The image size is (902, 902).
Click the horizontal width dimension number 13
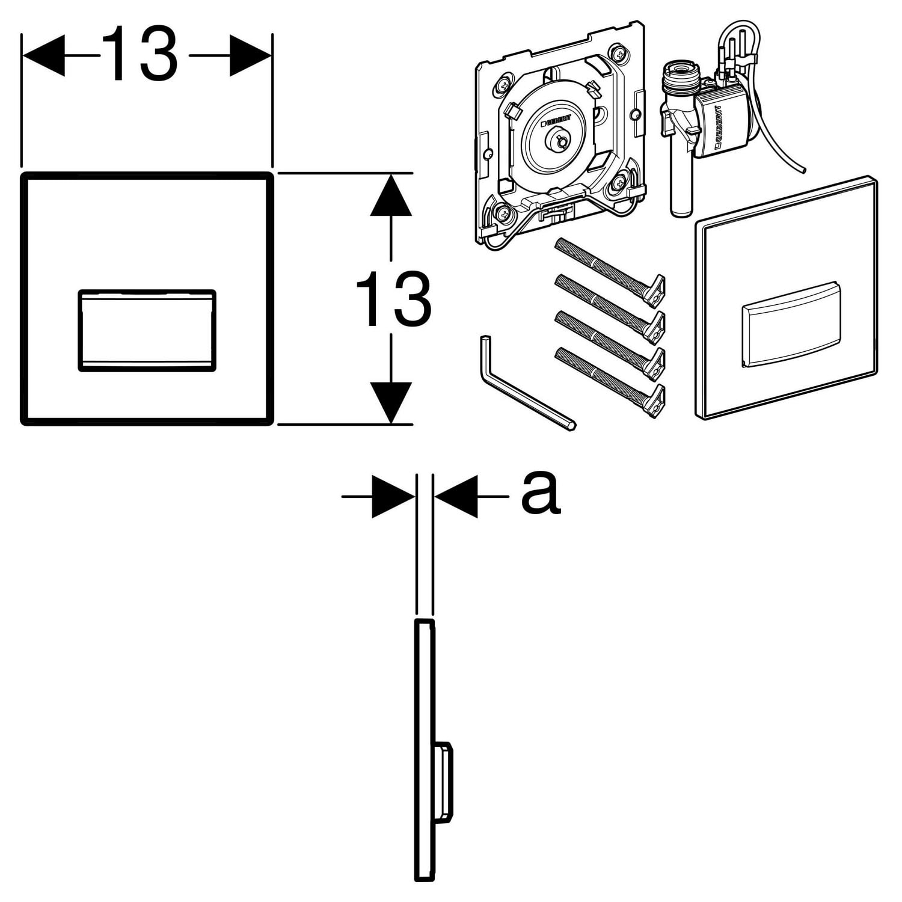[140, 55]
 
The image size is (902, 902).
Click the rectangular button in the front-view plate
[147, 330]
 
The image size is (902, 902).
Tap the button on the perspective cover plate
[791, 324]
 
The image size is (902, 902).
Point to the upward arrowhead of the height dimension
[391, 195]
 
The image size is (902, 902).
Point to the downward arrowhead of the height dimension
[391, 402]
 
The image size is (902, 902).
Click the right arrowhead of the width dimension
[250, 55]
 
